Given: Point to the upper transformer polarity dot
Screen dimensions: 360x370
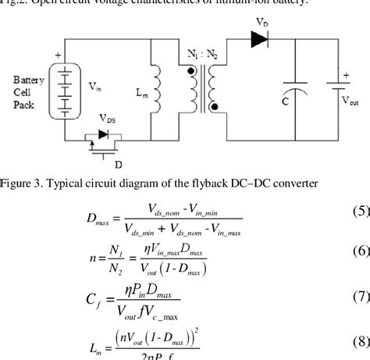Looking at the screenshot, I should click(x=188, y=68).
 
